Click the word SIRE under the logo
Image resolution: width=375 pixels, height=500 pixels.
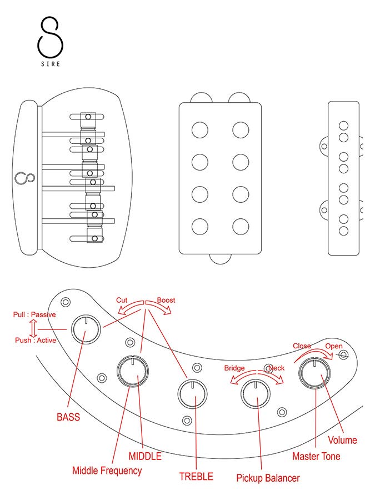(49, 63)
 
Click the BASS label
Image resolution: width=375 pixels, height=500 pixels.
(68, 417)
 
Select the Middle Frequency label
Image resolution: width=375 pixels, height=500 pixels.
(107, 471)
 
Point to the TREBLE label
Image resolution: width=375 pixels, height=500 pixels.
(196, 476)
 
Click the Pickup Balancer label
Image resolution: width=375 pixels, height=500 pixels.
(268, 477)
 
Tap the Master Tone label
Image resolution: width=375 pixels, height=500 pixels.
(316, 456)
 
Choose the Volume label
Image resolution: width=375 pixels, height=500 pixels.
(342, 440)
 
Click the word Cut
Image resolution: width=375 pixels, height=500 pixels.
(122, 300)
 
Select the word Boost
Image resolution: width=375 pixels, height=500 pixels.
(166, 300)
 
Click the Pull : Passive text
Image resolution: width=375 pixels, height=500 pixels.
(34, 314)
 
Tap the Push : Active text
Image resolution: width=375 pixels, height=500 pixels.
(36, 340)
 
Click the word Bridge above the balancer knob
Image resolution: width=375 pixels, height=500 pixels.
(234, 368)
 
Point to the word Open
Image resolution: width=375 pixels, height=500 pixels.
(334, 346)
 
